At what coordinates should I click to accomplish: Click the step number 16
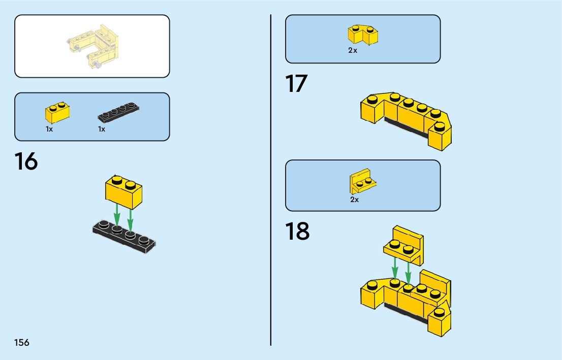point(26,162)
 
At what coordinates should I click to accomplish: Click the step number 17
point(297,84)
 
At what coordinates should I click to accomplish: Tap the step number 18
point(297,232)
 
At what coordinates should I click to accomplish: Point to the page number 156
point(22,343)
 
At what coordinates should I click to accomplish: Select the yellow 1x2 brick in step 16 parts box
point(57,112)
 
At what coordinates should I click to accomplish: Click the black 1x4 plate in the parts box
point(118,112)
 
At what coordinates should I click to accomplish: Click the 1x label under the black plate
point(102,129)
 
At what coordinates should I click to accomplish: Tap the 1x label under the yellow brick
point(49,129)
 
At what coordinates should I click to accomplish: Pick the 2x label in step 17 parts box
point(353,51)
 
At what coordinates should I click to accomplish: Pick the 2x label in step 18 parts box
point(354,200)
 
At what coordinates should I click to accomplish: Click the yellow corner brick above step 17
point(363,34)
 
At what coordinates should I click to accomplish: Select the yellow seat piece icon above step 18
point(363,181)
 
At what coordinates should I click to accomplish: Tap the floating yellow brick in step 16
point(123,191)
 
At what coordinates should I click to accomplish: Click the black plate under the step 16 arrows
point(124,236)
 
